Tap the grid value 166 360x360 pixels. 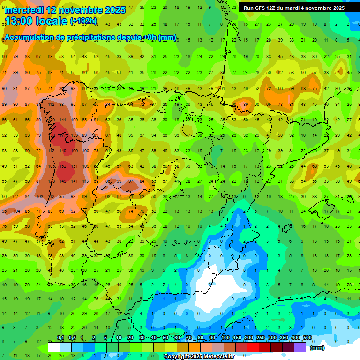point(75,151)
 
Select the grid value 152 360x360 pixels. point(63,166)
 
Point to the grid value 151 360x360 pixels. point(75,166)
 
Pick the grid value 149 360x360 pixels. point(63,181)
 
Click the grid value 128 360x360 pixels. point(51,181)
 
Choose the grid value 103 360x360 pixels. point(40,197)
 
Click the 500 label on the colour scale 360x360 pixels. point(307,337)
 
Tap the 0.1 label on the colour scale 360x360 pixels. point(60,337)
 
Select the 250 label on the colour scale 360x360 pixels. point(261,337)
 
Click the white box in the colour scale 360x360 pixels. point(54,347)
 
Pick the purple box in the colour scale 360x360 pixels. point(300,347)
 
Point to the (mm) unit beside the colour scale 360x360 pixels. point(317,348)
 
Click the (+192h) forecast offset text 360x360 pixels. point(83,21)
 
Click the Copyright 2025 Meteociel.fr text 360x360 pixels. point(199,357)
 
